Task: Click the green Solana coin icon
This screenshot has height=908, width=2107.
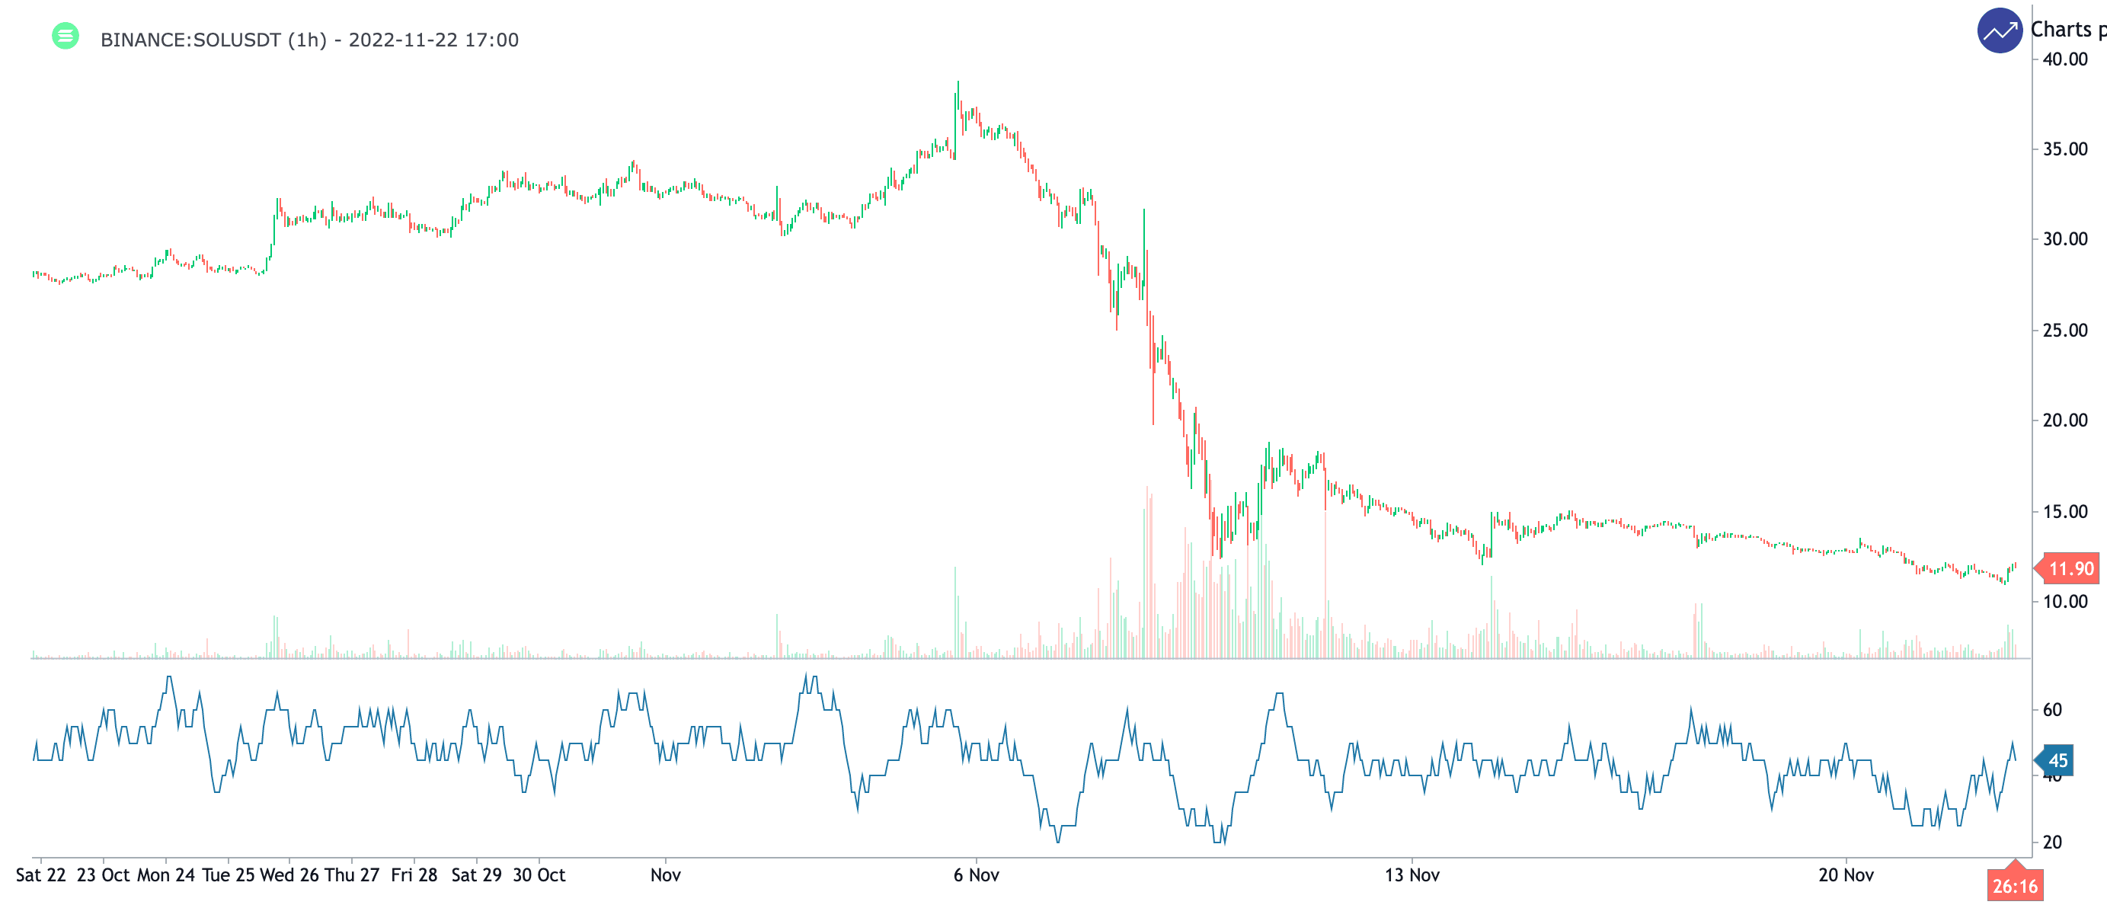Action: pos(66,36)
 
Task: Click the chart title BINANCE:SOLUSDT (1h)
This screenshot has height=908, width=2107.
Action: pos(213,40)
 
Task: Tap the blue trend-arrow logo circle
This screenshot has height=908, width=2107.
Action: pos(1999,31)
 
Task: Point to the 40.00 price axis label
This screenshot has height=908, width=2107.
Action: pos(2064,59)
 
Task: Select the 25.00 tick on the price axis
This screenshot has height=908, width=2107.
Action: pos(2064,331)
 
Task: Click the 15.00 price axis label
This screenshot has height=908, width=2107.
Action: pos(2064,511)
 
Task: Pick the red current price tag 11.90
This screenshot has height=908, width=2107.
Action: pos(2070,568)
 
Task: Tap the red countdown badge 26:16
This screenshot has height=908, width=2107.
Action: pos(2015,886)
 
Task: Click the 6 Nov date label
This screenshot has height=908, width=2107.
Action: pos(976,875)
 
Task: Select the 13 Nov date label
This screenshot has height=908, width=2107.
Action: pos(1412,875)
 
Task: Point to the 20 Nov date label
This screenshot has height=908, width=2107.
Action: pos(1845,875)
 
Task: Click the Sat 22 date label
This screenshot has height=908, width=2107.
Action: pos(41,875)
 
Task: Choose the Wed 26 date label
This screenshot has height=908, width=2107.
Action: pos(289,875)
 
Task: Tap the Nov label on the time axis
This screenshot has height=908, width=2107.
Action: pos(666,875)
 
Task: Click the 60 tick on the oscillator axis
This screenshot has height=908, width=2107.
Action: pos(2052,710)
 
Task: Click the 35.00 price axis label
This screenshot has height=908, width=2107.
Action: pos(2064,149)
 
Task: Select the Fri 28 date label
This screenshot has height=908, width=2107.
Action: pos(414,875)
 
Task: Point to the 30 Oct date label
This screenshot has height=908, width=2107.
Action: pos(539,875)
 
